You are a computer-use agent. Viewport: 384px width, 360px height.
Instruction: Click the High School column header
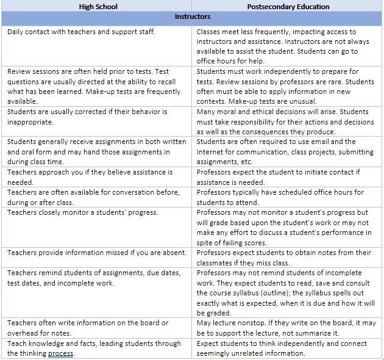[x=99, y=7]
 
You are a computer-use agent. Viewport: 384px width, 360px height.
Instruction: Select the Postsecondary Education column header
[x=288, y=7]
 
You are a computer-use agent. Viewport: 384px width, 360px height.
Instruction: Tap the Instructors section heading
[x=193, y=17]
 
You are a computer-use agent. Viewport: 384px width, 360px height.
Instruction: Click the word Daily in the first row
[x=16, y=32]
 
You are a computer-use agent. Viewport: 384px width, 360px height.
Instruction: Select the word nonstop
[x=252, y=323]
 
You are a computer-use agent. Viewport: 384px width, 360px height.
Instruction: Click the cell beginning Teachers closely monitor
[x=98, y=227]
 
